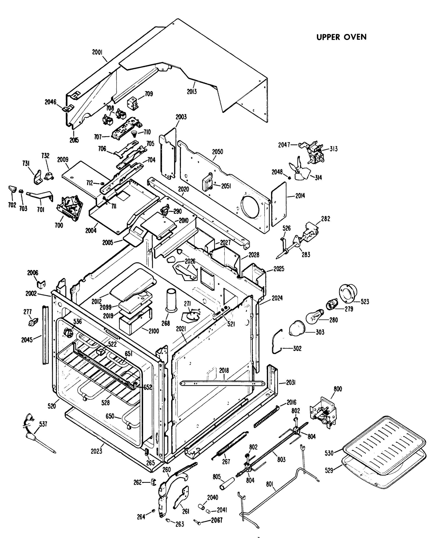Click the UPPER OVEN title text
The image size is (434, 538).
[341, 37]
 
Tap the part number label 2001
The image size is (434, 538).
[98, 52]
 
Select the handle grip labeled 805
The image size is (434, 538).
[227, 484]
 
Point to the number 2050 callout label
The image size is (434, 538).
[217, 152]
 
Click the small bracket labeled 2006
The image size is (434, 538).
[41, 284]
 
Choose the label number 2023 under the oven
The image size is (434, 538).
[96, 451]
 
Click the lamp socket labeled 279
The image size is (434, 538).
[332, 305]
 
